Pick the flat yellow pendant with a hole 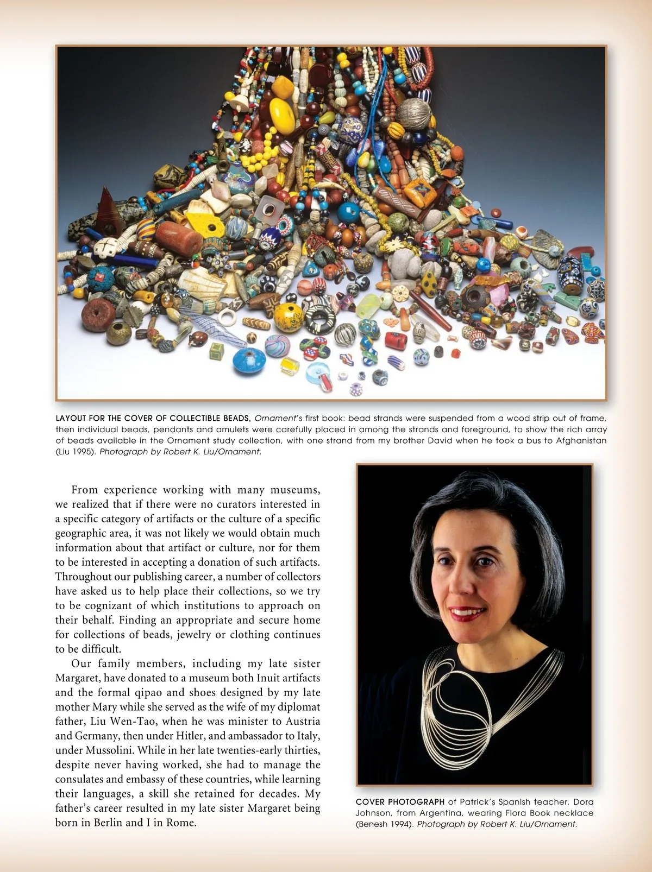coord(204,220)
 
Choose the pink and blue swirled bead coord(277,346)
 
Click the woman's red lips coord(467,613)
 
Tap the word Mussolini coord(109,750)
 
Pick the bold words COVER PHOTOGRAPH coord(400,802)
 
